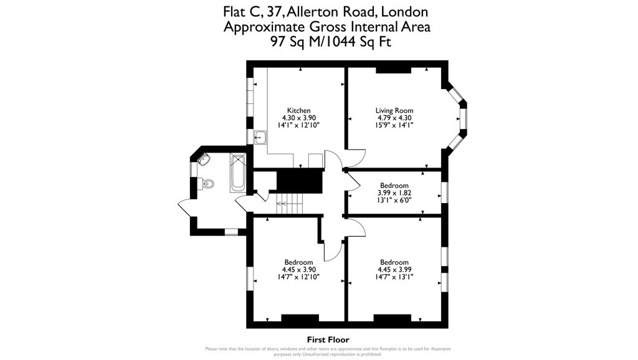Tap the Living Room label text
[x=394, y=110]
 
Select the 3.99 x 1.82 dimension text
[x=394, y=193]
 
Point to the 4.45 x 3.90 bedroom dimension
[x=298, y=270]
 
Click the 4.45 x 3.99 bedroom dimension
[x=394, y=270]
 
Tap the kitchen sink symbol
[x=260, y=138]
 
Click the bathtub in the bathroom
[x=238, y=173]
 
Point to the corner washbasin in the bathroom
[x=203, y=160]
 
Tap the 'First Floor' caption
[x=328, y=339]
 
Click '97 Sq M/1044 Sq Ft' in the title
[x=328, y=42]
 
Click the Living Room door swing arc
[x=356, y=159]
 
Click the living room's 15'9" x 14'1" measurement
[x=394, y=125]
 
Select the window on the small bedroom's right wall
[x=445, y=192]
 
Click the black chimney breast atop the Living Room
[x=393, y=69]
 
